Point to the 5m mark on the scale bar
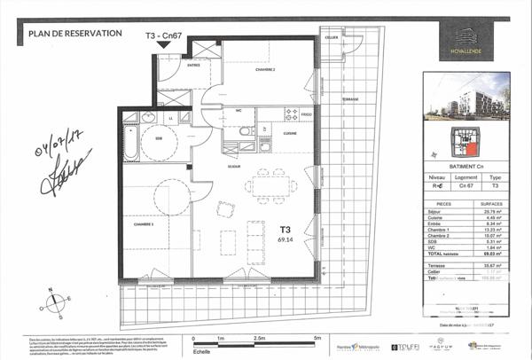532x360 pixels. click(317, 338)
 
